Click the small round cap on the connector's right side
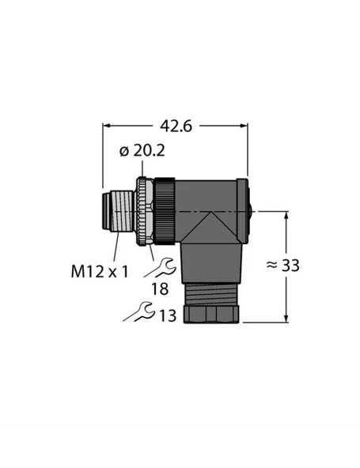(251, 213)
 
